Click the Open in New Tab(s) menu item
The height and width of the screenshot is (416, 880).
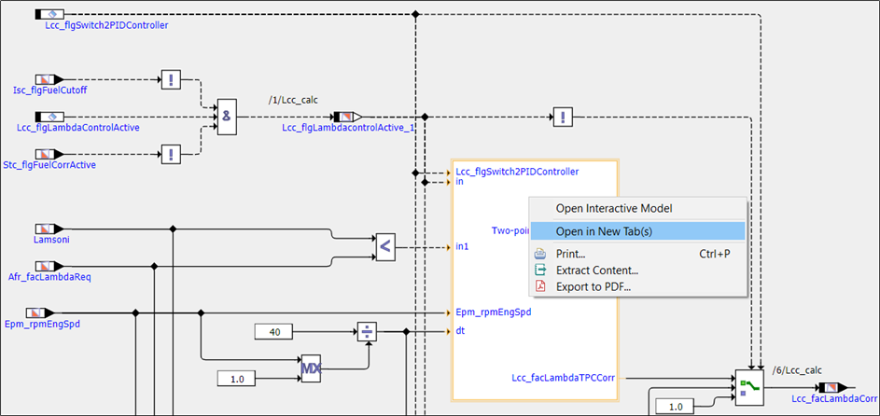point(604,231)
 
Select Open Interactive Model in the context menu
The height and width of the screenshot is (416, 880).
point(613,208)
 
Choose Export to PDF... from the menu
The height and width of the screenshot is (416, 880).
point(593,286)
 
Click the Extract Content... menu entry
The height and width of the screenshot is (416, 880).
point(596,270)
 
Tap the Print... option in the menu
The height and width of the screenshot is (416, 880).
point(570,254)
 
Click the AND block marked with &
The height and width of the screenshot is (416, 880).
point(229,117)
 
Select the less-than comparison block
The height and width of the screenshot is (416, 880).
point(384,247)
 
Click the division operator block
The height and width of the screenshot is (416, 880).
point(369,332)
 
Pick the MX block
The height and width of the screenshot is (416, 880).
point(311,370)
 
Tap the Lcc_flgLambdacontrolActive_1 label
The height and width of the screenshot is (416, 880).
point(348,128)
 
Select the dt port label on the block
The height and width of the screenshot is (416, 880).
point(461,331)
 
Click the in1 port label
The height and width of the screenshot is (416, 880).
point(462,247)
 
